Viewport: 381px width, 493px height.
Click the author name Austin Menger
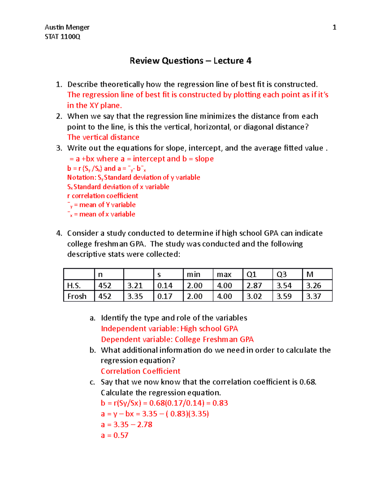(67, 27)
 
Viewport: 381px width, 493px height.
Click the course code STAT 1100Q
(63, 37)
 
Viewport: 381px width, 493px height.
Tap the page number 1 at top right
(334, 27)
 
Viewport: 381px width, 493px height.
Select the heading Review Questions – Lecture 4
(190, 61)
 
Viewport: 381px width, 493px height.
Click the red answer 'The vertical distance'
(103, 137)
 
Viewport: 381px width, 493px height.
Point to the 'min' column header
(193, 274)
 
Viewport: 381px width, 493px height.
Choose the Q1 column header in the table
(251, 274)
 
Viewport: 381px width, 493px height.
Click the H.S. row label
(74, 285)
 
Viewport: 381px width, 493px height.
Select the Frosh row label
(77, 296)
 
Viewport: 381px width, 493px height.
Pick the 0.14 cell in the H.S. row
(165, 285)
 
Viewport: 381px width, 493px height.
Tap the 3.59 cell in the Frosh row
(284, 296)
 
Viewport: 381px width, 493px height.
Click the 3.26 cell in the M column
(313, 285)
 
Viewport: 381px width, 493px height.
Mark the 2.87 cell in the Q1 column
(254, 285)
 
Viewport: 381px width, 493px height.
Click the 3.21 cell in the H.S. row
(135, 285)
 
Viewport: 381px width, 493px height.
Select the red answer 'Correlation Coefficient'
(140, 371)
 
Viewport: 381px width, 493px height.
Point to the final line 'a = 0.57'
(115, 435)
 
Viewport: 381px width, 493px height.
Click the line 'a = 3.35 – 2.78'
(126, 424)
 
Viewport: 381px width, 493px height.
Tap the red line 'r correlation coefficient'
(103, 196)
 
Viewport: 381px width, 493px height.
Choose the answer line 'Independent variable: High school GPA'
(169, 329)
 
